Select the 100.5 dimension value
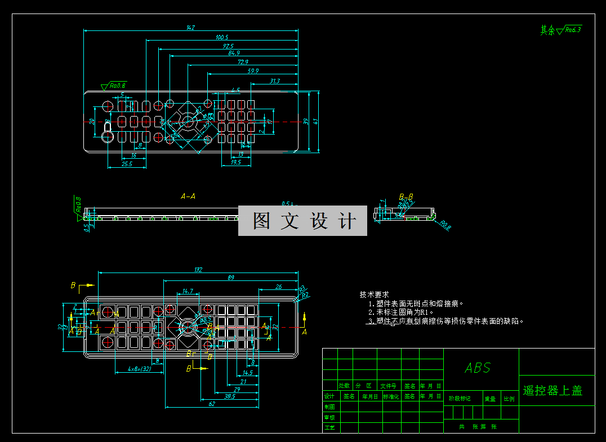[x=222, y=37]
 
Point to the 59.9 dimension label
[x=253, y=71]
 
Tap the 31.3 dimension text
[x=274, y=81]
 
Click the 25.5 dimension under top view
[x=127, y=164]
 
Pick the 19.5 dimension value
[x=235, y=162]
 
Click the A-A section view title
[x=188, y=197]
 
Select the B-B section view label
[x=406, y=197]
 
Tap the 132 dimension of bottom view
[x=198, y=270]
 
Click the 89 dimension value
[x=231, y=278]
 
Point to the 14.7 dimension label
[x=188, y=291]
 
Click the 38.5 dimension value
[x=229, y=396]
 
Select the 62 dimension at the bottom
[x=212, y=404]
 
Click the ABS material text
[x=478, y=368]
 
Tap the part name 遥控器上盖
[x=552, y=391]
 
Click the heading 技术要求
[x=374, y=294]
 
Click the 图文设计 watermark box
[x=302, y=221]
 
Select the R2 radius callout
[x=306, y=295]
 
